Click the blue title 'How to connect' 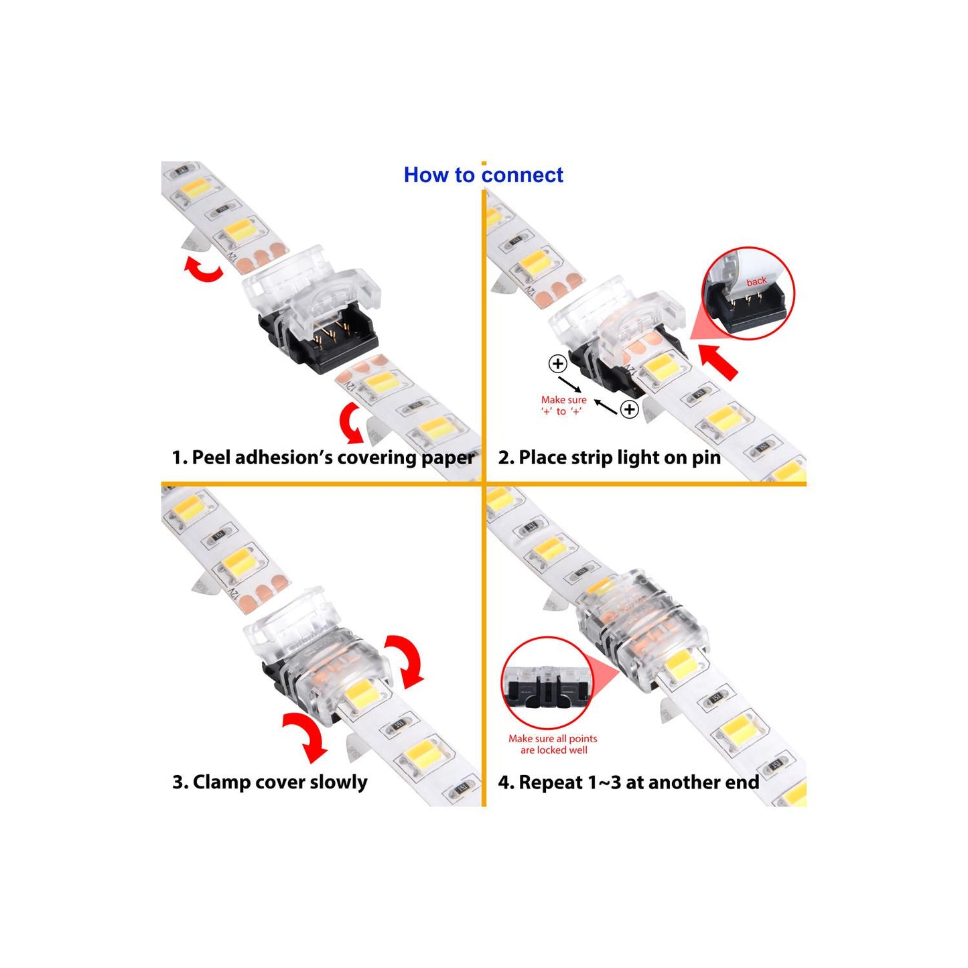pyautogui.click(x=483, y=175)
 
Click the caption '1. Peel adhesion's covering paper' pyautogui.click(x=323, y=458)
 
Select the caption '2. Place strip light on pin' pyautogui.click(x=610, y=458)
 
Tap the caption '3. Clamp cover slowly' pyautogui.click(x=270, y=782)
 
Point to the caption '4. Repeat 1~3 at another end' pyautogui.click(x=628, y=782)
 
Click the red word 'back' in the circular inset pyautogui.click(x=756, y=281)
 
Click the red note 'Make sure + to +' pyautogui.click(x=563, y=405)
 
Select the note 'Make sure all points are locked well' pyautogui.click(x=553, y=744)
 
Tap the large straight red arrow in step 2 pyautogui.click(x=719, y=360)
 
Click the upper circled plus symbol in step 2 pyautogui.click(x=557, y=364)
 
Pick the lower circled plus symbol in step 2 pyautogui.click(x=630, y=409)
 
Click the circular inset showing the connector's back pyautogui.click(x=748, y=294)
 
